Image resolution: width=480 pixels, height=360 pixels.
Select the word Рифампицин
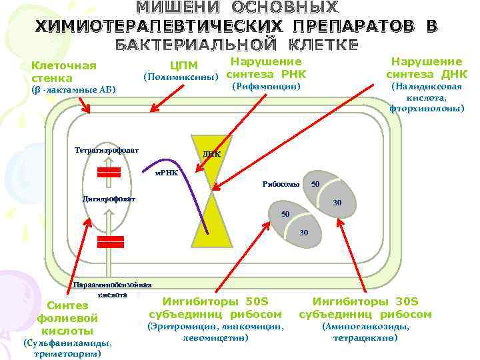coord(266,87)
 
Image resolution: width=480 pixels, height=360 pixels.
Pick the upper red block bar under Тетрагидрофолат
coord(109,172)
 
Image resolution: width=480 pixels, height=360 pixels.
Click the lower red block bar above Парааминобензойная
coord(109,241)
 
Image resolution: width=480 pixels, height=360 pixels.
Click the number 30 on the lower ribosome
coord(304,232)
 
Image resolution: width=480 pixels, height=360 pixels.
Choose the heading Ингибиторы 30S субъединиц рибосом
coord(365,308)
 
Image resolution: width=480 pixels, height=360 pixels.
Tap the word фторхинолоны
coord(427,107)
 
